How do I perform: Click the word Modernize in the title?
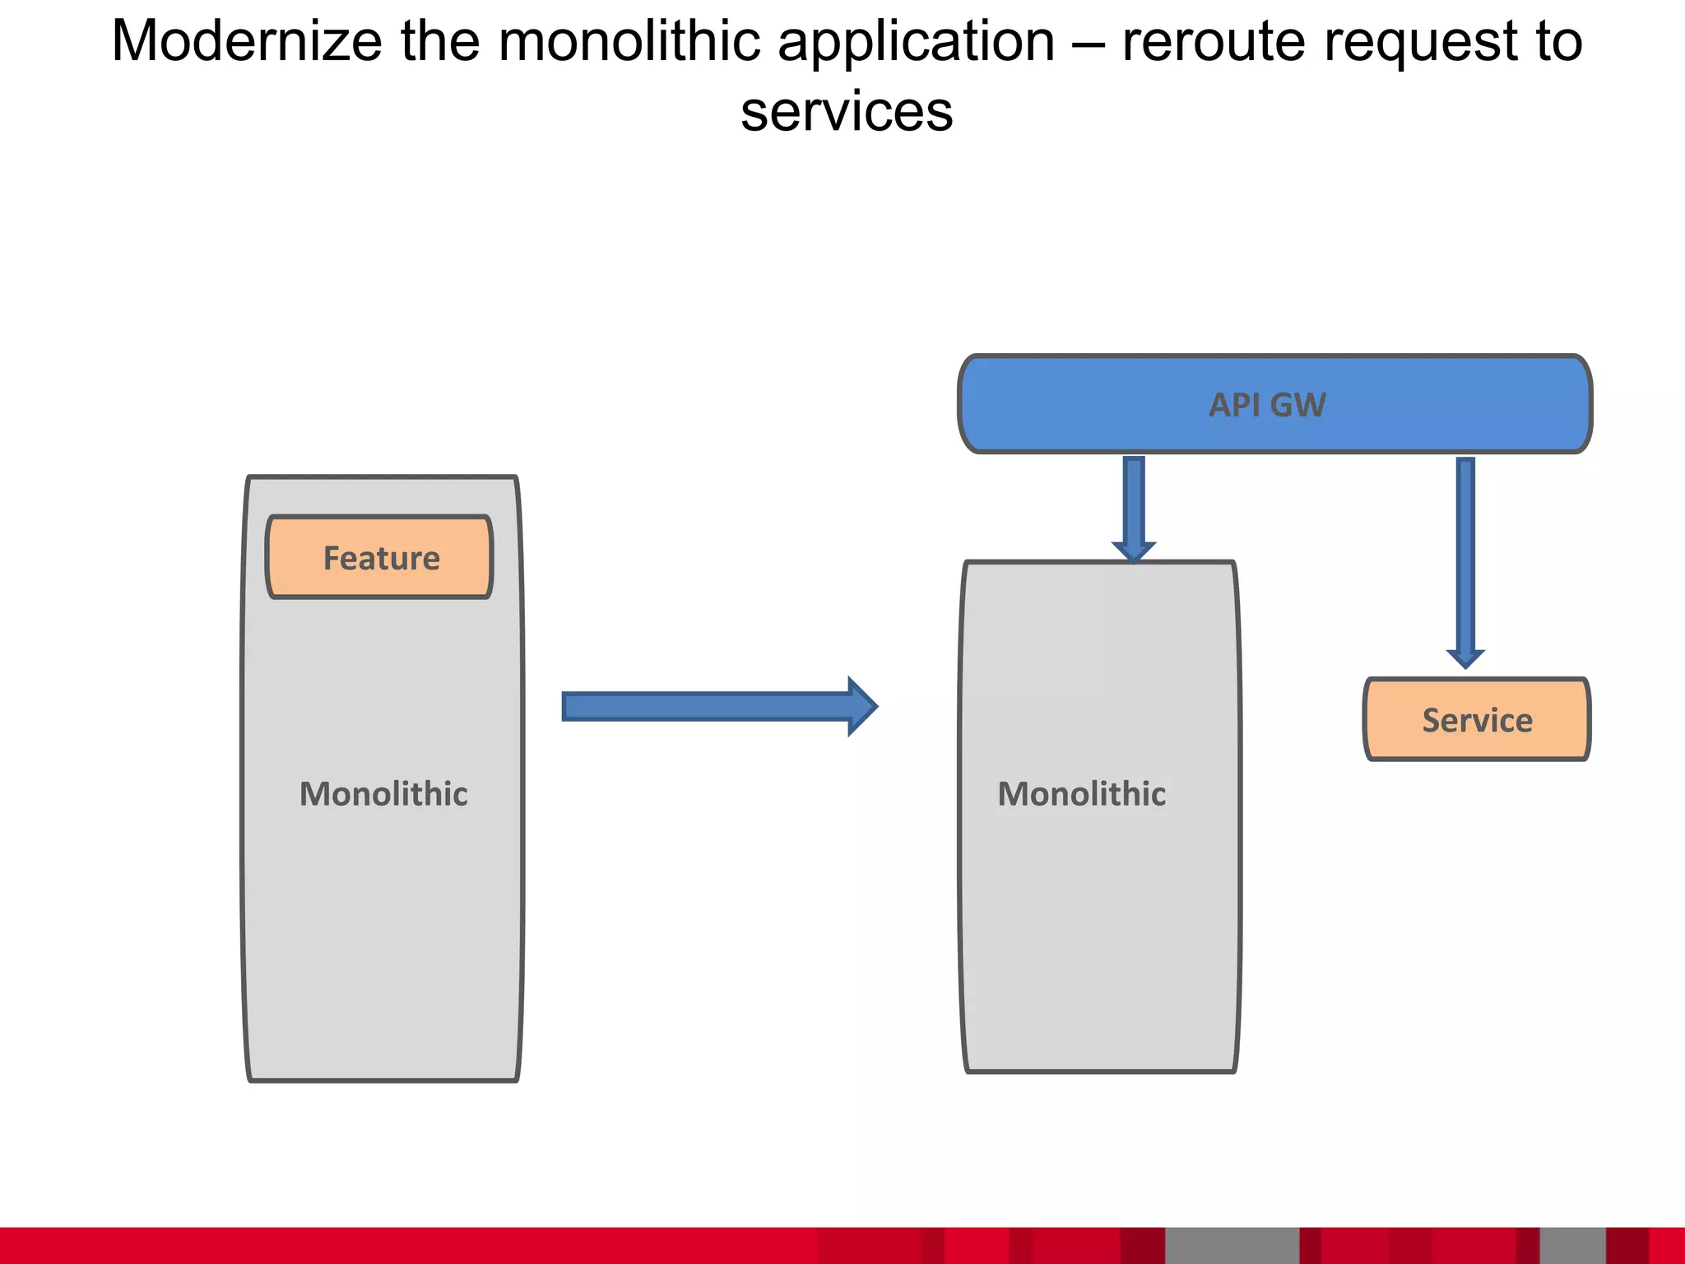247,41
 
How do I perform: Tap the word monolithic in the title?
629,41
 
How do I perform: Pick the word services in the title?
847,112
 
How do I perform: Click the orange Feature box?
380,557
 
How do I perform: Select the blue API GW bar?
1274,404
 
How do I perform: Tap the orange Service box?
1477,719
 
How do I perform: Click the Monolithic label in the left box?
383,794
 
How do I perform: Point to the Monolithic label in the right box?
1081,794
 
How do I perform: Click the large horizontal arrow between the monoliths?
708,706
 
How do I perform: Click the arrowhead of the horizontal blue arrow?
862,706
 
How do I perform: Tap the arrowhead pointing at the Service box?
1465,658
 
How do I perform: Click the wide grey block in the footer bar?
1232,1245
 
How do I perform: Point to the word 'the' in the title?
439,41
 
